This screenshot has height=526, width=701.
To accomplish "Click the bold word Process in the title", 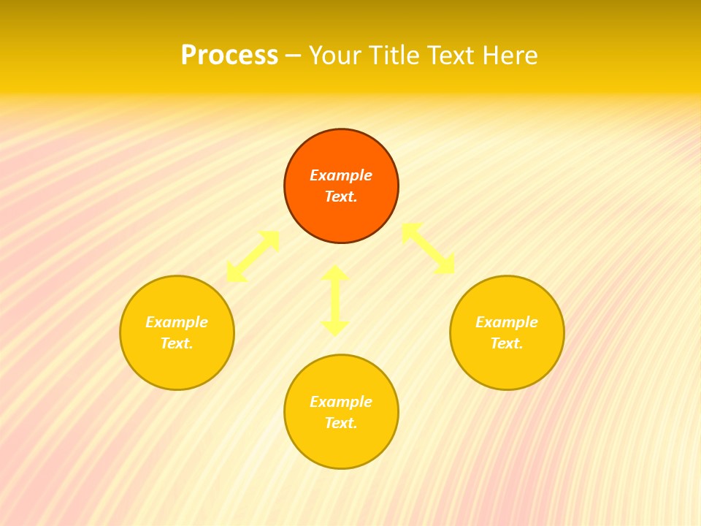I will (x=229, y=56).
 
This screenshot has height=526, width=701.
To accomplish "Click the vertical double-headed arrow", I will (x=335, y=300).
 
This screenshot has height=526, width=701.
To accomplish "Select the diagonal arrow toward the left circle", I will (x=253, y=256).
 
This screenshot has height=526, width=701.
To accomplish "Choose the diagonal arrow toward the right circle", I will (x=429, y=248).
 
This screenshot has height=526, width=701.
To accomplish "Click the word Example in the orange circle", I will (x=341, y=175).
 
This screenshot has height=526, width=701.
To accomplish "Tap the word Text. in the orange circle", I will (x=341, y=197).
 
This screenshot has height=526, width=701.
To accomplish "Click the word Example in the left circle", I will (x=177, y=322).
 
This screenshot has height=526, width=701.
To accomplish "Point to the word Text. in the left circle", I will (x=177, y=343).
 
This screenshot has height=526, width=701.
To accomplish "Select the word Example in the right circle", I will (x=507, y=322).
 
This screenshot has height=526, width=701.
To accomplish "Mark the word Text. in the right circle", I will (x=507, y=343).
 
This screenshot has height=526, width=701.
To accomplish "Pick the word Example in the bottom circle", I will (x=341, y=402).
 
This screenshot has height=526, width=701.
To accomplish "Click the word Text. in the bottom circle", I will (x=341, y=423).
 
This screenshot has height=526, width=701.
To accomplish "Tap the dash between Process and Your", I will (x=294, y=56).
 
